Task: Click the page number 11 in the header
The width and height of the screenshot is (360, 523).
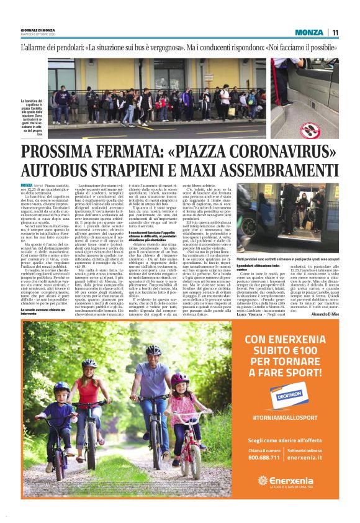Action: pyautogui.click(x=335, y=32)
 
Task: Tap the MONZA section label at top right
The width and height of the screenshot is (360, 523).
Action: pyautogui.click(x=308, y=32)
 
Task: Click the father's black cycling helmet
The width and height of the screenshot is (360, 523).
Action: pyautogui.click(x=152, y=351)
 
